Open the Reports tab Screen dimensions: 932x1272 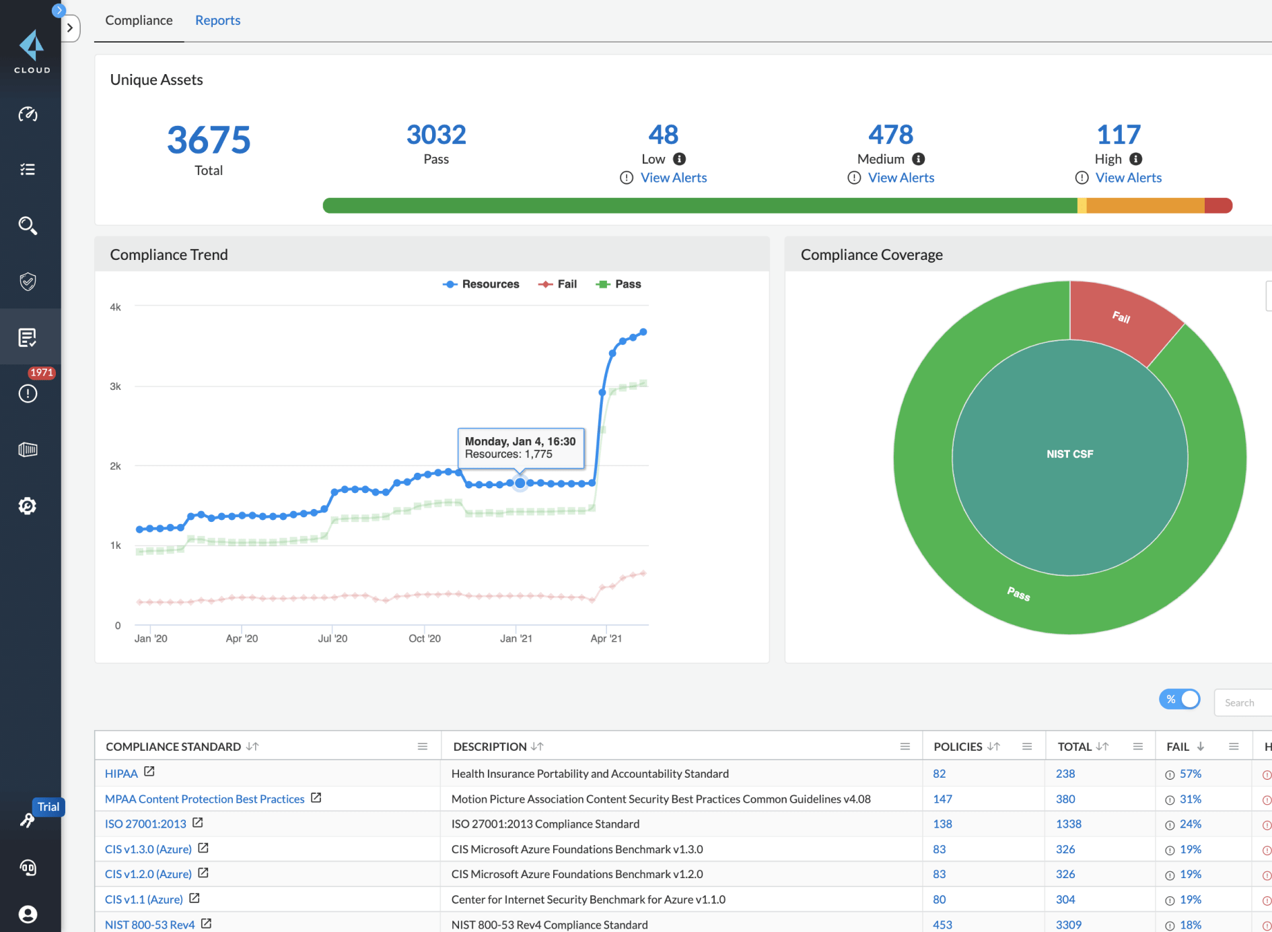pos(217,20)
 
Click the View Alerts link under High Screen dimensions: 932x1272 pos(1128,178)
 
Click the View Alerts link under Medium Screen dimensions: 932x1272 pos(900,178)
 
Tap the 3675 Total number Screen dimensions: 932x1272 pos(209,140)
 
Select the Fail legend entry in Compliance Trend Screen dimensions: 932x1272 pos(558,284)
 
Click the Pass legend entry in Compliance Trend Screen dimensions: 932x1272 pos(619,284)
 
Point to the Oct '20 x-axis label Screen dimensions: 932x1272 pos(425,638)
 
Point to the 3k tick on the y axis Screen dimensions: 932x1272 pos(115,387)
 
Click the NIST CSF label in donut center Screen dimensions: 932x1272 pos(1069,455)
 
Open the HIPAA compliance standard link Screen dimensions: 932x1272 pos(121,774)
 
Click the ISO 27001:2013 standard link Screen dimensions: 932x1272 pos(145,824)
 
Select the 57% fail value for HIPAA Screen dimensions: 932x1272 pos(1190,774)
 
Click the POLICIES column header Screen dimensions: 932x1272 pos(958,746)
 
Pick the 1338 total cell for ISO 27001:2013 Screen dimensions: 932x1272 pos(1068,824)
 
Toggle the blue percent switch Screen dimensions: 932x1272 pos(1179,700)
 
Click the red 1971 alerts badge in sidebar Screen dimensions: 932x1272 pos(41,372)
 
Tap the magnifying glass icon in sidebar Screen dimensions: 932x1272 pos(28,226)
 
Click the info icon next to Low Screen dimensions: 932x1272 pos(679,159)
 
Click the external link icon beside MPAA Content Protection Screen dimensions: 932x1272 pos(316,798)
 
